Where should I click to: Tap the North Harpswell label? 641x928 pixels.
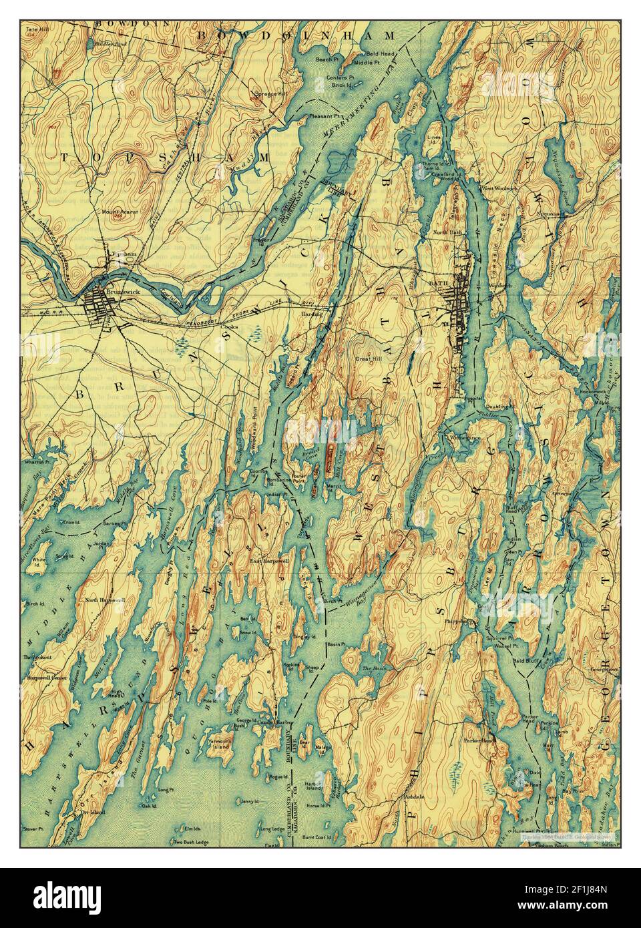[x=105, y=600]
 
